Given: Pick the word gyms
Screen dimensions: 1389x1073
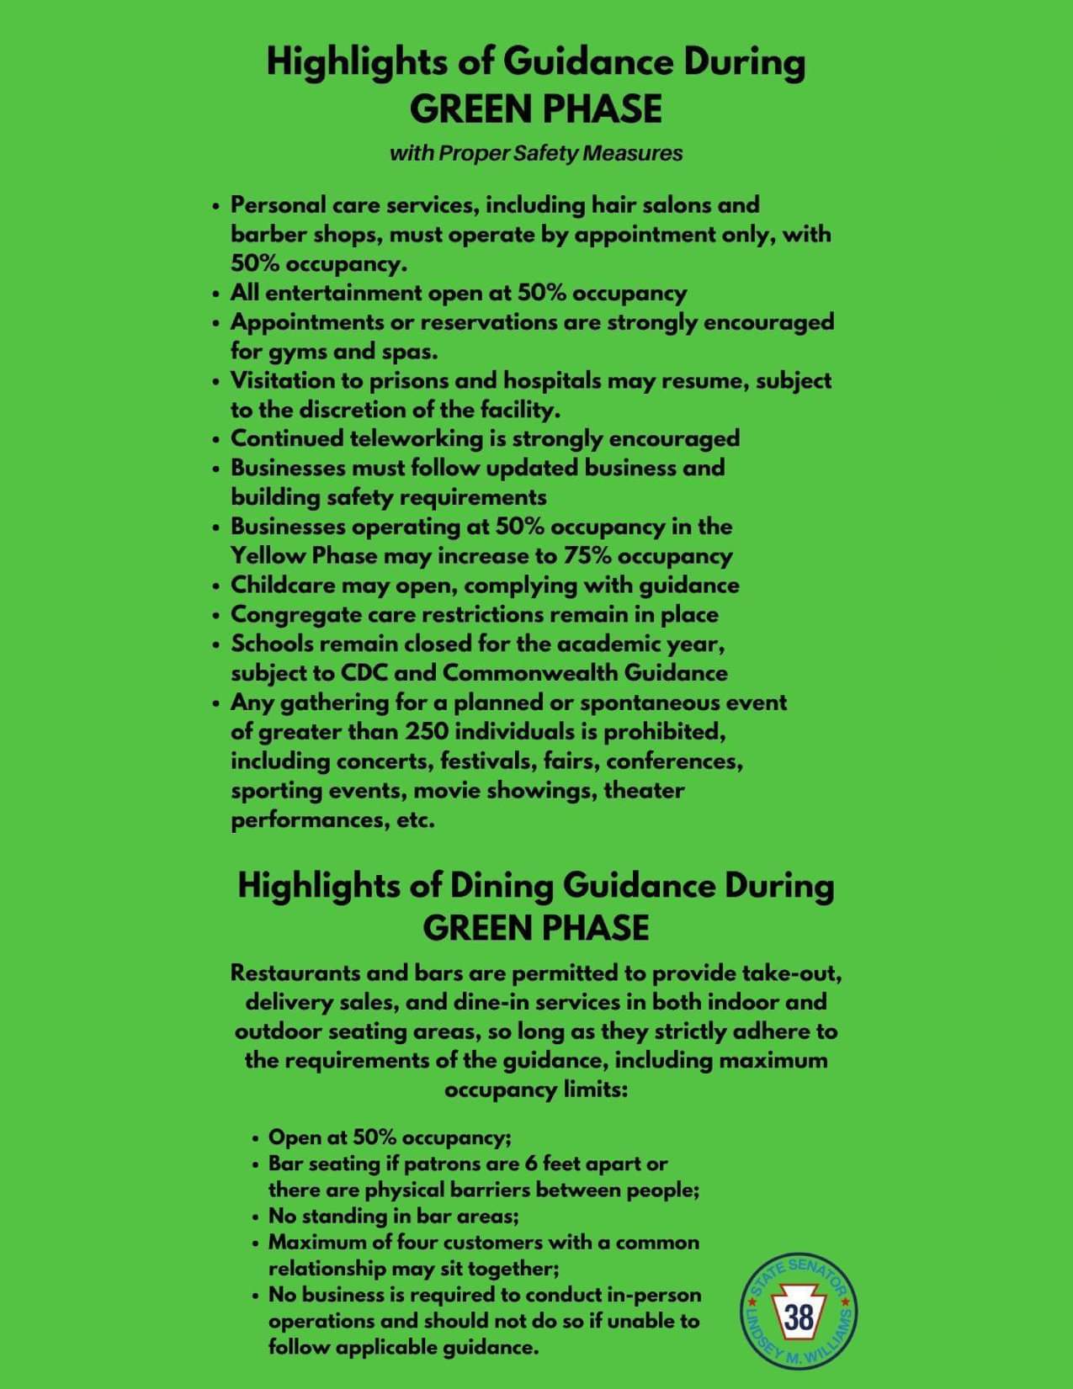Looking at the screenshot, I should pos(305,352).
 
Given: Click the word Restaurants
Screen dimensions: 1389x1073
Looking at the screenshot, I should pos(296,973).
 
